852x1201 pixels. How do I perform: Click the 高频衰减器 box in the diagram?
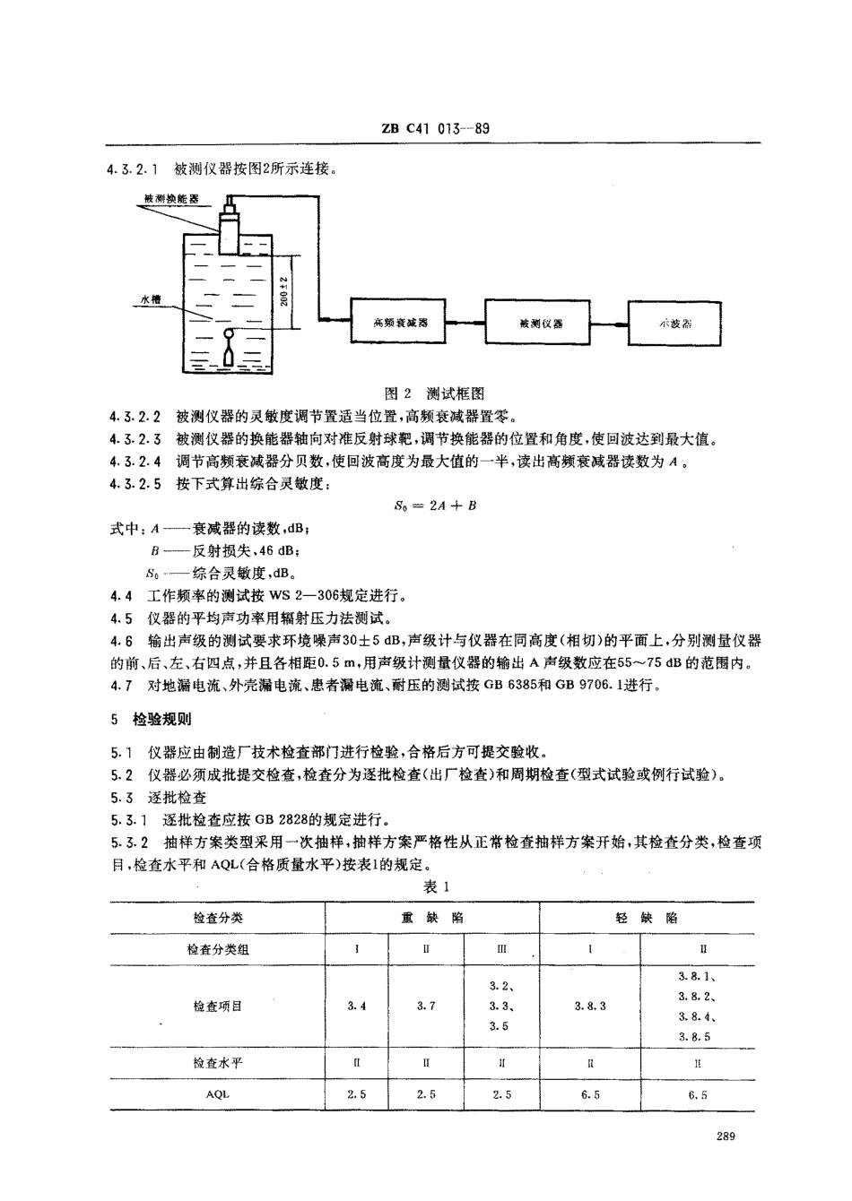(395, 322)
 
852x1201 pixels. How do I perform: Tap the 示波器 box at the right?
(674, 322)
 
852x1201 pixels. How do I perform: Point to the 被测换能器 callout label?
(170, 199)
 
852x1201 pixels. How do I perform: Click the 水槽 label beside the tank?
(149, 301)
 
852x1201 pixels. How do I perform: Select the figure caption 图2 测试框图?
(433, 393)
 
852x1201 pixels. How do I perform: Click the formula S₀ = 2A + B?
(435, 505)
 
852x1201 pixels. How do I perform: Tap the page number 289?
(726, 1137)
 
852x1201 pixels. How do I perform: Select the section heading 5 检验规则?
(149, 719)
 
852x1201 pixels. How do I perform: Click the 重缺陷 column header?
(431, 918)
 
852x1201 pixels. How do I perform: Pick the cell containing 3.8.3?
(589, 1006)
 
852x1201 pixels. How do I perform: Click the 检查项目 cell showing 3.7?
(426, 1006)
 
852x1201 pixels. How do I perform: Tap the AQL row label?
(217, 1094)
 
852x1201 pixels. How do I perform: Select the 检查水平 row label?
(217, 1063)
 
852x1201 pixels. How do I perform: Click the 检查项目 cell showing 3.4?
(356, 1006)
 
